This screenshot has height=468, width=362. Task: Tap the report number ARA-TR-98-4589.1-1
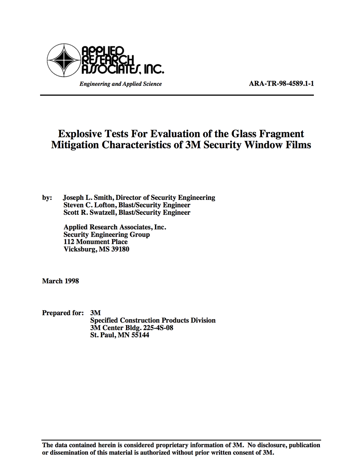pyautogui.click(x=281, y=84)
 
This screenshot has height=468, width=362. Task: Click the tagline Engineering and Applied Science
pyautogui.click(x=121, y=84)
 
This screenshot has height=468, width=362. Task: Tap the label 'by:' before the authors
pyautogui.click(x=47, y=197)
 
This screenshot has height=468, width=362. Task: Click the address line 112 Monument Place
pyautogui.click(x=95, y=242)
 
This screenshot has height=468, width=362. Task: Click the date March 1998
pyautogui.click(x=60, y=281)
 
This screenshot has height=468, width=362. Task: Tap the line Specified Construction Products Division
pyautogui.click(x=153, y=320)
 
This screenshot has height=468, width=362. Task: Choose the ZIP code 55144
pyautogui.click(x=140, y=335)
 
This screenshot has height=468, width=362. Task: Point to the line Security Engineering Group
pyautogui.click(x=106, y=234)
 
